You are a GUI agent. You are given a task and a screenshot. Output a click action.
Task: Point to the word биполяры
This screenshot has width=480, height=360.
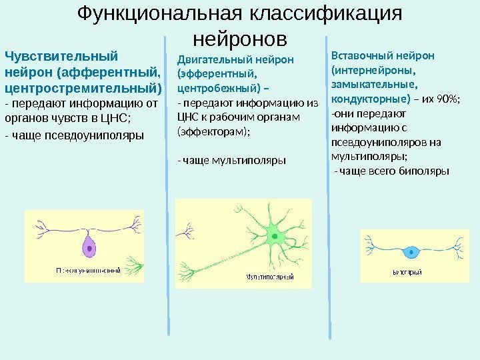coord(427,170)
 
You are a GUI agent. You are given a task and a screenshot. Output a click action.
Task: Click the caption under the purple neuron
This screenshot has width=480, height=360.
coord(88,270)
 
